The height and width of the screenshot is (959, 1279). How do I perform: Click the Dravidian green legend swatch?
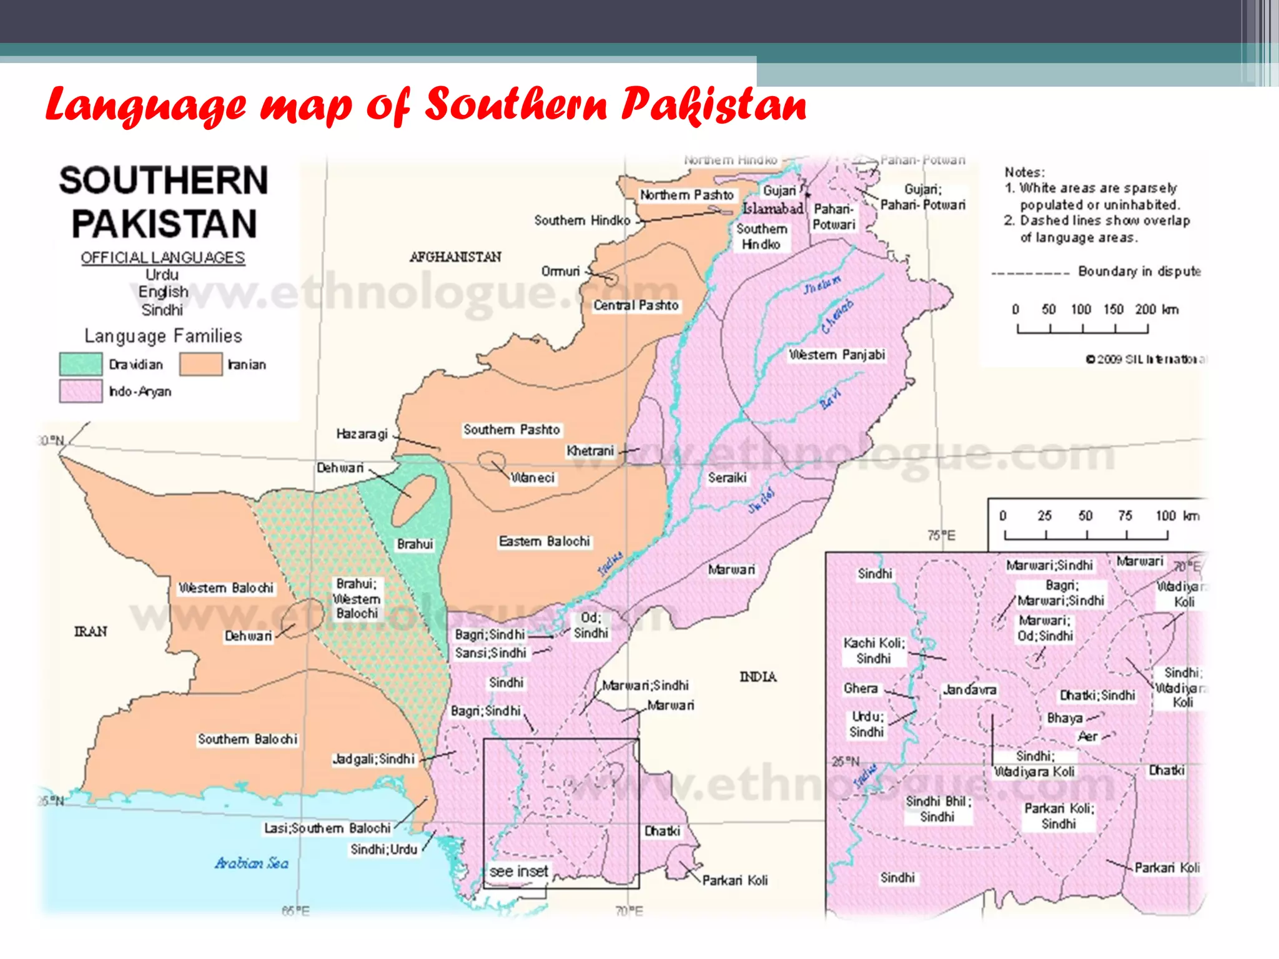[81, 364]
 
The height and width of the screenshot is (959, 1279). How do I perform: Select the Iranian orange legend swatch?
[200, 364]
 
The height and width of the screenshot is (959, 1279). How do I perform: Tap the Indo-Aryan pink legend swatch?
[81, 391]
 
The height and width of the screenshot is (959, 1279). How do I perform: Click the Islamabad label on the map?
[773, 209]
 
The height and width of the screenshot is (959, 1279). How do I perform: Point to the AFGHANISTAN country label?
[455, 257]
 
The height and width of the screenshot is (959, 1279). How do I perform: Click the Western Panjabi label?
[837, 355]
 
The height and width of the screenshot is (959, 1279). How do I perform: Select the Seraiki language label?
[727, 478]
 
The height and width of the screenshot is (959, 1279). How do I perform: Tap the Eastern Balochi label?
[544, 541]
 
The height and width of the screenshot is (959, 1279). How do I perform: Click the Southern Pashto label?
[511, 430]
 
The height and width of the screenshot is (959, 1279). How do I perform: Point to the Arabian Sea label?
[252, 863]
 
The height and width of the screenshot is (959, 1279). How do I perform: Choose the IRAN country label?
[91, 631]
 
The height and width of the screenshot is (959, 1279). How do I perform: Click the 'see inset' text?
[518, 871]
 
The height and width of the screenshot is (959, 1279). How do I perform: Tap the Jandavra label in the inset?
[969, 690]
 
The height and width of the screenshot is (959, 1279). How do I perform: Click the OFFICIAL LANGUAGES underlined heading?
[162, 257]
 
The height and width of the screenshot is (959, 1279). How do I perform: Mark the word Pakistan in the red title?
[713, 105]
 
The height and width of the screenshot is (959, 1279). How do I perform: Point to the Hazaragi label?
[362, 433]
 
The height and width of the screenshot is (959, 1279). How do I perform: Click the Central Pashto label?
[636, 305]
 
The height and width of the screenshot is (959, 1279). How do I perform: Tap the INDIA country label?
[758, 677]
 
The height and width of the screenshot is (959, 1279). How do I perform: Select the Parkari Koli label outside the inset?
[734, 880]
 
